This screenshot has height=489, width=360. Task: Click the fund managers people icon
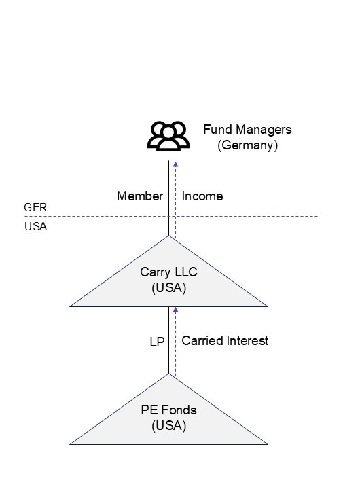[x=168, y=136]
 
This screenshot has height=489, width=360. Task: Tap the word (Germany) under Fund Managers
[x=248, y=145]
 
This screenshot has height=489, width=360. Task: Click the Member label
[x=140, y=196]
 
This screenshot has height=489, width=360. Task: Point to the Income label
[x=202, y=196]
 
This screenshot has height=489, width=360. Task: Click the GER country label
[x=35, y=207]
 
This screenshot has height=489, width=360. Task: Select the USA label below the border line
[x=35, y=227]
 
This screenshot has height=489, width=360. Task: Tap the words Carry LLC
[x=168, y=272]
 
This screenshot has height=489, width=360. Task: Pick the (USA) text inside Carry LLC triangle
[x=168, y=288]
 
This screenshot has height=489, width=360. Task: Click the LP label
[x=157, y=342]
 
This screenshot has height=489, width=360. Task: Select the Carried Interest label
[x=225, y=341]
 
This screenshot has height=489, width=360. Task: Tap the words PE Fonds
[x=168, y=410]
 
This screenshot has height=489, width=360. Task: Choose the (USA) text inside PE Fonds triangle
[x=168, y=426]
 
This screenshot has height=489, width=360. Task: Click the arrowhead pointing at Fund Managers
[x=175, y=164]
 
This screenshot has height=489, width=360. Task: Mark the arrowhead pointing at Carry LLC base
[x=175, y=309]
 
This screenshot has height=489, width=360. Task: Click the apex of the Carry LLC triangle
[x=168, y=236]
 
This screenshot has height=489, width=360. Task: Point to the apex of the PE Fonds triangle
[x=168, y=374]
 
